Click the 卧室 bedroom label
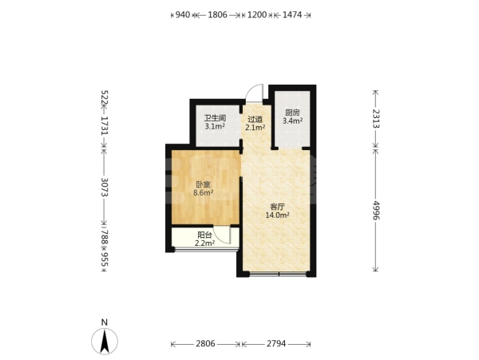[x=203, y=184]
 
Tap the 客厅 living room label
[x=277, y=207]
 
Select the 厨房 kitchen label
[x=292, y=113]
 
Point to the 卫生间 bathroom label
[x=215, y=118]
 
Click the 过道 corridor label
[x=255, y=119]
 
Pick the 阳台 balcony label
[x=204, y=235]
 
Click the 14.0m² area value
[x=277, y=215]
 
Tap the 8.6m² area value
[x=203, y=192]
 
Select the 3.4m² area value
[x=292, y=121]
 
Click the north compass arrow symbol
[x=105, y=342]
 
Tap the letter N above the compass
[x=105, y=322]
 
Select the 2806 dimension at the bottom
[x=205, y=344]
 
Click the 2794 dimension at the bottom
[x=276, y=344]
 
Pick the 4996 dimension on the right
[x=375, y=210]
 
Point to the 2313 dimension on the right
[x=375, y=118]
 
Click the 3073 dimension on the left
[x=105, y=187]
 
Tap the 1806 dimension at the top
[x=217, y=14]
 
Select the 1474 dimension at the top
[x=292, y=14]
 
